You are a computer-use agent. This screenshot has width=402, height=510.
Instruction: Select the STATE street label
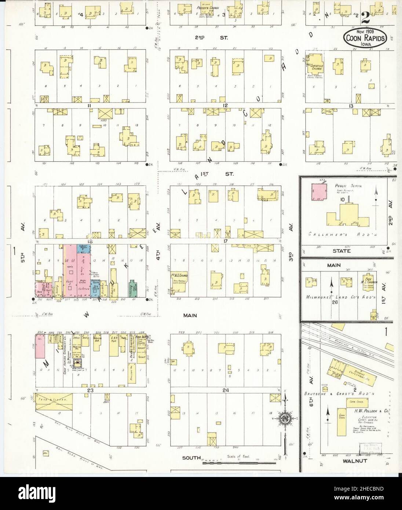tap(341, 251)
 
